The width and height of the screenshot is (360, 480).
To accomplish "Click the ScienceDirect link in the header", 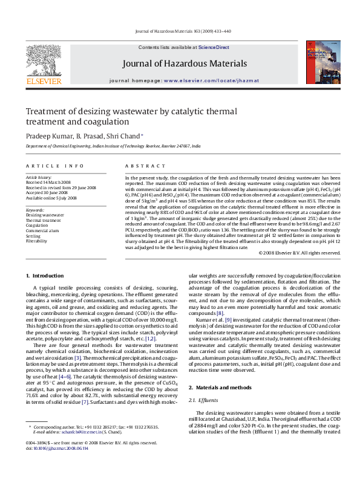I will tap(214, 47).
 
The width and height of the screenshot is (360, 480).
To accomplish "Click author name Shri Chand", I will tap(125, 136).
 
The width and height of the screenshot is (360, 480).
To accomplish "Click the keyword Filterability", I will tap(36, 241).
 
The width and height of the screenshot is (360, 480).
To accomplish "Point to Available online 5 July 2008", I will tap(51, 198).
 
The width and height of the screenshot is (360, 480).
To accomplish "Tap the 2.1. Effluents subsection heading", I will tap(205, 383).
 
